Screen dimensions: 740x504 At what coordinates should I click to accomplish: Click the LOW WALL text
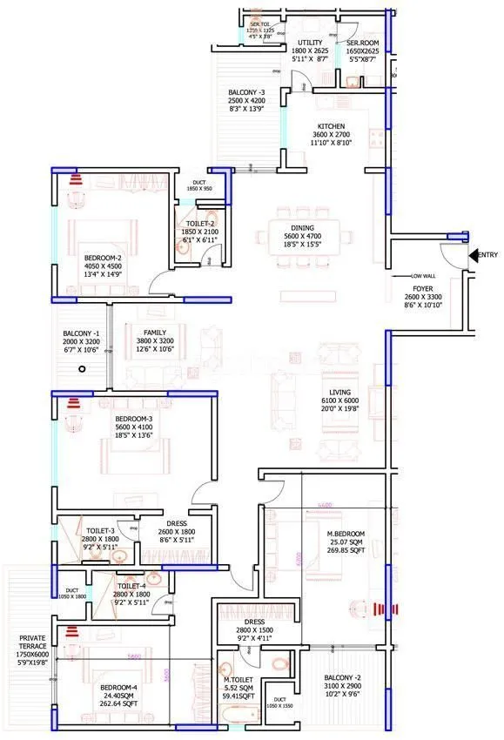coord(423,276)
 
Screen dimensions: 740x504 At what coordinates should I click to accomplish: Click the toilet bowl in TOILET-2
coord(183,246)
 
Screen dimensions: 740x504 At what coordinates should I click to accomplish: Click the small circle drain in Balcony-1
coord(81,369)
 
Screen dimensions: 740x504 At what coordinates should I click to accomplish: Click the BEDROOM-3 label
coord(133,419)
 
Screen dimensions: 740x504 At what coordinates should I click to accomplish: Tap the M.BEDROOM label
coord(346,533)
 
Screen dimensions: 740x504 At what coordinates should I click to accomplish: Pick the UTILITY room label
coord(310,42)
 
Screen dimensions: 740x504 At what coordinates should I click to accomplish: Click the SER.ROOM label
coord(361,42)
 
